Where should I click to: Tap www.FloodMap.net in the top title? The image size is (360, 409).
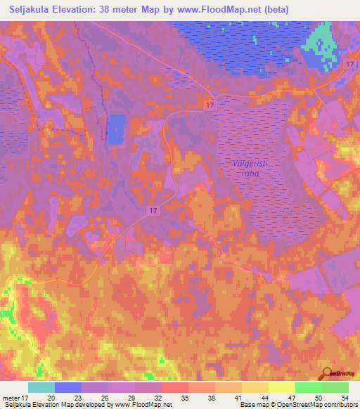coord(220,8)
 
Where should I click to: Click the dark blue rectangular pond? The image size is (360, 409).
coord(116,129)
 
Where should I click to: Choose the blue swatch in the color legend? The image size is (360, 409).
coord(68,387)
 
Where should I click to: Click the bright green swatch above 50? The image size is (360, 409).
coord(309,387)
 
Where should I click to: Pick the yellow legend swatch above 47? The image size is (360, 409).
coord(282,387)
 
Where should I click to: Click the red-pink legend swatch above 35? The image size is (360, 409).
coord(175,387)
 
